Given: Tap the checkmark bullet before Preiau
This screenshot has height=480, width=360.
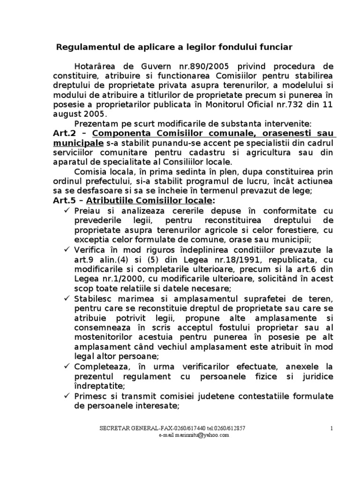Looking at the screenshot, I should pos(67,209).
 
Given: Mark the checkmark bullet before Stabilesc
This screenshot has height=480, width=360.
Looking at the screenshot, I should pos(67,299).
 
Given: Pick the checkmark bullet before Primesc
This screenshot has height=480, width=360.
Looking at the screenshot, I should pos(67,396).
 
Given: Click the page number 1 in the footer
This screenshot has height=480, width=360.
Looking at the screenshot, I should pos(331,428).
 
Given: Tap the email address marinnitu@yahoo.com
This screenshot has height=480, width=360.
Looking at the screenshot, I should pos(194,435).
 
